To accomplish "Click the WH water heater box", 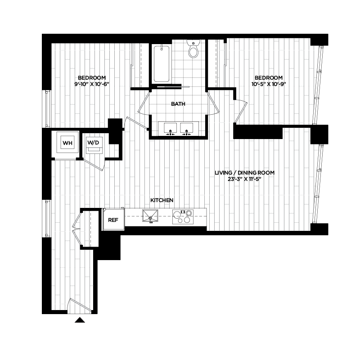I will click(67, 144).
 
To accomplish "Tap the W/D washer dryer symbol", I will click(94, 144).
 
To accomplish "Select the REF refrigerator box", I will click(113, 220).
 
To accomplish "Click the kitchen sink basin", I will click(150, 216).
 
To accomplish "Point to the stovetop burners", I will click(184, 217).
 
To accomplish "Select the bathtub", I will click(161, 63).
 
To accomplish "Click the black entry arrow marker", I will click(80, 320).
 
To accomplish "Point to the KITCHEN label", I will click(162, 200).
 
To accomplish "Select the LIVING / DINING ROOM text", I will click(244, 172).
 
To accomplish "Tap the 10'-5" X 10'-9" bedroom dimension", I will click(269, 83).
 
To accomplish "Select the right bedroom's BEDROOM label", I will click(269, 77).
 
